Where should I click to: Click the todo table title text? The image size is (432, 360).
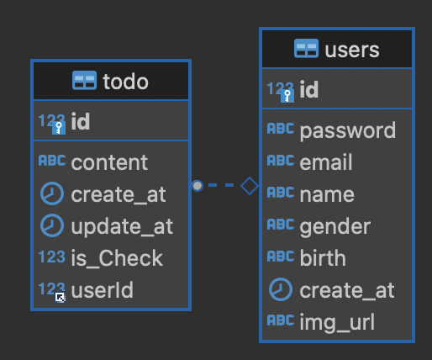125,82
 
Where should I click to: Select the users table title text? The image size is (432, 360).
352,50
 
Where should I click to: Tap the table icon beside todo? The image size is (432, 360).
84,81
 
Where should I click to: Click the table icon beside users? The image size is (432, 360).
306,48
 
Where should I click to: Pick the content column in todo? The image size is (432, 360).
109,162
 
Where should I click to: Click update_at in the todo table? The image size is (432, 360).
122,226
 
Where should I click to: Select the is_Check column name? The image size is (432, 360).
117,258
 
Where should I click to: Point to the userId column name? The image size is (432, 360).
102,290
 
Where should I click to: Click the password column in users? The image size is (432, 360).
348,130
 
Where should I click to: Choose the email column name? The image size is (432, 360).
326,161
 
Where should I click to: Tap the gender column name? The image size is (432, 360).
335,226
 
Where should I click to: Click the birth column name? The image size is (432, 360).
323,257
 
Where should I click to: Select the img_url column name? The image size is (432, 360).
337,322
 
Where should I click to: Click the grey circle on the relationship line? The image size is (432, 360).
198,186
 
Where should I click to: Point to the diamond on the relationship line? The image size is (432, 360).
250,186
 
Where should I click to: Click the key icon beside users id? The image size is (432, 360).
287,96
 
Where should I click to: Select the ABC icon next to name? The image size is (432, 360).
281,193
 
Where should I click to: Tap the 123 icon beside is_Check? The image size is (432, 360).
52,257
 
